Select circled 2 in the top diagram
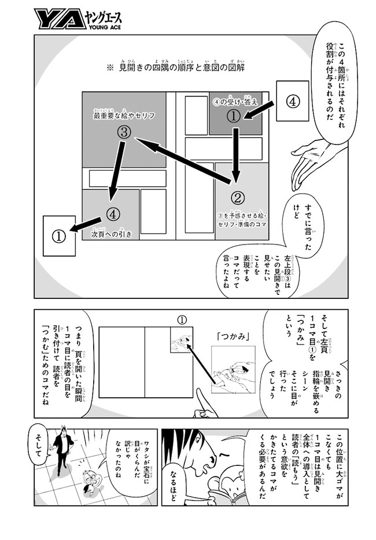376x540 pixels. pyautogui.click(x=238, y=198)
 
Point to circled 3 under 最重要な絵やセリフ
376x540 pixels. pyautogui.click(x=124, y=132)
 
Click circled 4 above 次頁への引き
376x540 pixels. pyautogui.click(x=113, y=214)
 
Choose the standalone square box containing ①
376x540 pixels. pyautogui.click(x=60, y=236)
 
